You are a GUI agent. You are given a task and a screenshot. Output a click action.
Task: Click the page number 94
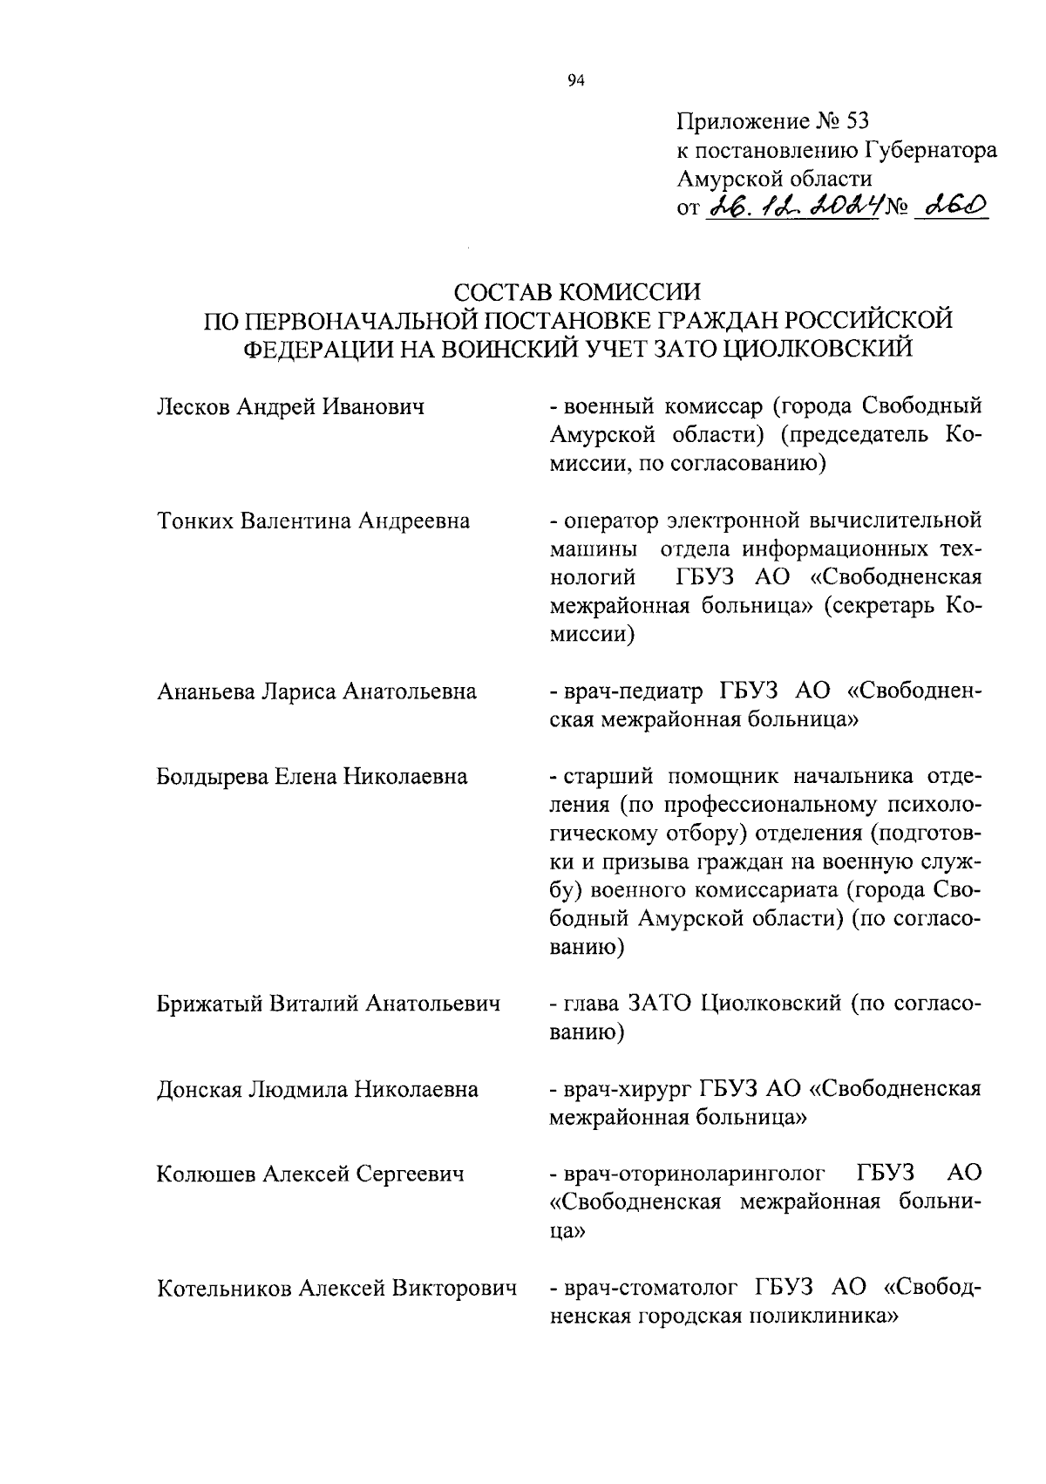[x=574, y=81]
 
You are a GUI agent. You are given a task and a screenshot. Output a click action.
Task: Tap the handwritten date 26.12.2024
[x=794, y=208]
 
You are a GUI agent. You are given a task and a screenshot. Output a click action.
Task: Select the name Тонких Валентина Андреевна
[x=313, y=521]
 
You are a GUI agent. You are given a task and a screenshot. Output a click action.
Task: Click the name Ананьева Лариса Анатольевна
[x=316, y=692]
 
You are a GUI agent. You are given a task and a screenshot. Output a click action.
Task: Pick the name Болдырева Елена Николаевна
[x=312, y=777]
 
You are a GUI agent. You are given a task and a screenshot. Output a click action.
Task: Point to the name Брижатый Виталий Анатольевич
[x=329, y=1004]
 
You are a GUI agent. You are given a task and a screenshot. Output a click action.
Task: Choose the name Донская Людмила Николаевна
[x=317, y=1090]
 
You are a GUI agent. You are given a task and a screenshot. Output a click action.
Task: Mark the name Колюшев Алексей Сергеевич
[x=309, y=1174]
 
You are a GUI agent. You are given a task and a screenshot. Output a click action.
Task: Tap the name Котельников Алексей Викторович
[x=336, y=1289]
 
